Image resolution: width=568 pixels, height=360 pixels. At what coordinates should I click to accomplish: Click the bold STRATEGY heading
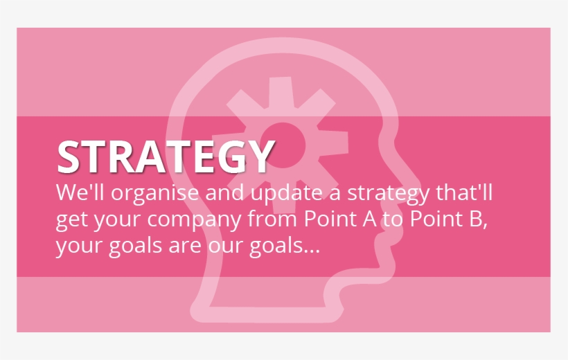pyautogui.click(x=165, y=157)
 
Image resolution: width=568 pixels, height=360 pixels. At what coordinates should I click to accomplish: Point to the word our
pyautogui.click(x=221, y=246)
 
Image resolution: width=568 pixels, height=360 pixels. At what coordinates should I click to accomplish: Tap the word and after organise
pyautogui.click(x=221, y=192)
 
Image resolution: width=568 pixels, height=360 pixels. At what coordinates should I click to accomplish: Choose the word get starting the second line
pyautogui.click(x=71, y=221)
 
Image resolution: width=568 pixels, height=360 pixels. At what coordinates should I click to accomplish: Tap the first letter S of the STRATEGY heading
pyautogui.click(x=69, y=157)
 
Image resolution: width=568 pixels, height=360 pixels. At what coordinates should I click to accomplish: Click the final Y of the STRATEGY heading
pyautogui.click(x=259, y=157)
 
